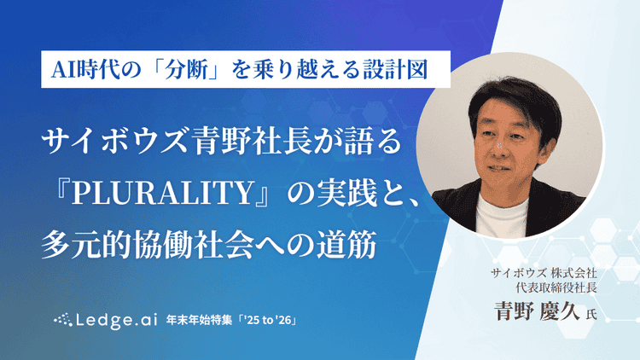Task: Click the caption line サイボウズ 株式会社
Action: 545,274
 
